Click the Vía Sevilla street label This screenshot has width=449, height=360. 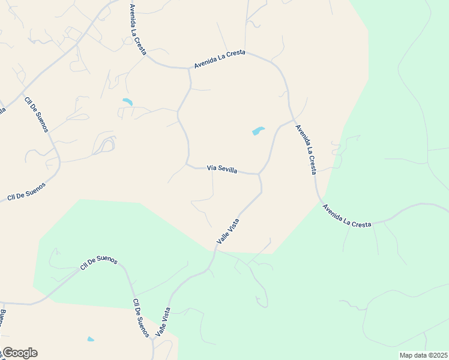[222, 169]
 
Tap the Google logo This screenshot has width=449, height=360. [19, 353]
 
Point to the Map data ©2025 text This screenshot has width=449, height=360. [424, 355]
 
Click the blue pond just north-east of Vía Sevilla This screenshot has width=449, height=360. [258, 131]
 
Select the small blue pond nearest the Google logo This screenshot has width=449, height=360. [91, 340]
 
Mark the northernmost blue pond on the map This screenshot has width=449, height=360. [127, 102]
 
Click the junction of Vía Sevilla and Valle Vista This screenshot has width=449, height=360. [259, 175]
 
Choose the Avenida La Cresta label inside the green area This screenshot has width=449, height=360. [346, 216]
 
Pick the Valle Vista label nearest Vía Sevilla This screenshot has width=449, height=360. [228, 231]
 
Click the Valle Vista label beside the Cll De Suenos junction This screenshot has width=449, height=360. [163, 321]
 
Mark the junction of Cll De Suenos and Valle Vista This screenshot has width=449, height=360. [154, 339]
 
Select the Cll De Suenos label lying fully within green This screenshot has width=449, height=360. [99, 263]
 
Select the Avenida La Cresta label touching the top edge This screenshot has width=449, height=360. [137, 29]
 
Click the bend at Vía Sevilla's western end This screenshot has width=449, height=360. [187, 163]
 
